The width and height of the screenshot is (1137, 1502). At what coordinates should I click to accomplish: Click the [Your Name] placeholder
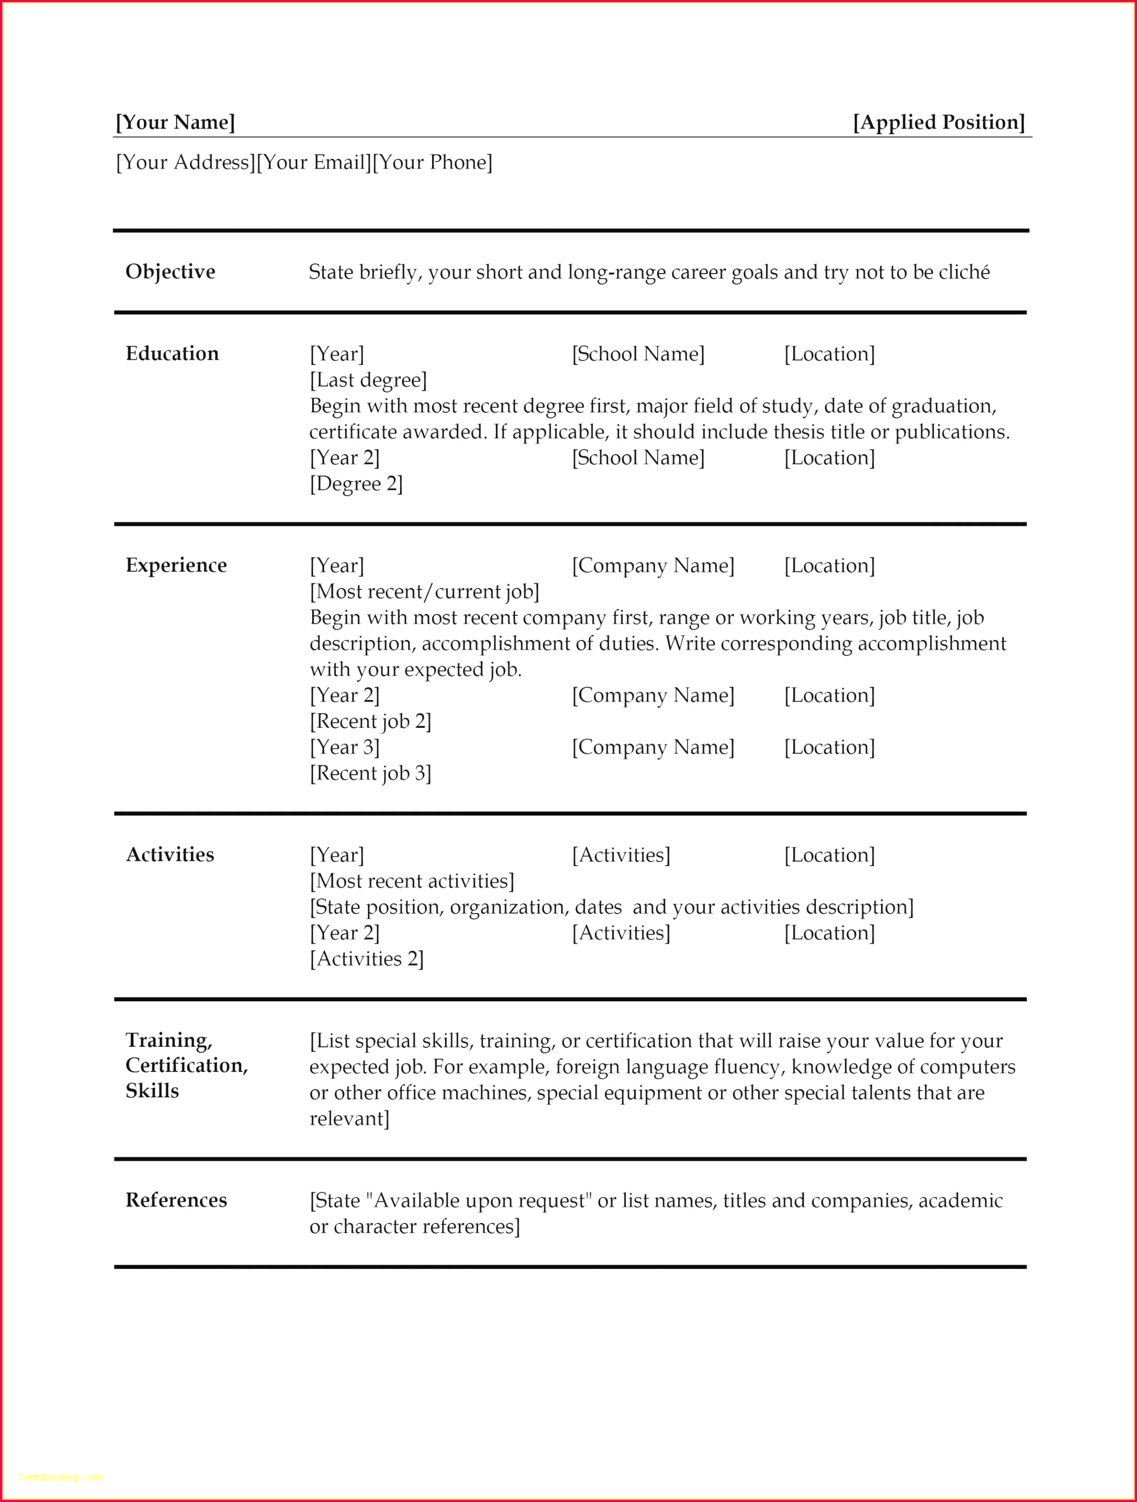[175, 122]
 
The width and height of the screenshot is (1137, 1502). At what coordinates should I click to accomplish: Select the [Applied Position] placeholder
[939, 122]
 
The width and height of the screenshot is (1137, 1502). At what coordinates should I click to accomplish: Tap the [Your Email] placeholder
[314, 162]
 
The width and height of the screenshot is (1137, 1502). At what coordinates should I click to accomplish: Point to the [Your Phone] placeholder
[433, 162]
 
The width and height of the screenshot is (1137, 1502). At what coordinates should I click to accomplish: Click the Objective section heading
[170, 271]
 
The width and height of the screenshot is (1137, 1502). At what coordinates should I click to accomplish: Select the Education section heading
[172, 354]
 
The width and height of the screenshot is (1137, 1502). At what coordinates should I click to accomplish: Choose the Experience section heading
[177, 565]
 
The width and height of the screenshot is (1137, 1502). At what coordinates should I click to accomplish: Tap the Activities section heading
[170, 854]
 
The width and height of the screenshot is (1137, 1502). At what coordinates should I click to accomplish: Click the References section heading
[177, 1200]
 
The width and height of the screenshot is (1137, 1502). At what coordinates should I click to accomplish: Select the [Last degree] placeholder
[369, 380]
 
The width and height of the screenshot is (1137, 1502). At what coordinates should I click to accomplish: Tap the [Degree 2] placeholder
[356, 484]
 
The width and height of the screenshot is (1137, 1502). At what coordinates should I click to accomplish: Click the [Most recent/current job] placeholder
[425, 592]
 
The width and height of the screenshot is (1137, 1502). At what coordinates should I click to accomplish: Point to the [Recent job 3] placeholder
[371, 773]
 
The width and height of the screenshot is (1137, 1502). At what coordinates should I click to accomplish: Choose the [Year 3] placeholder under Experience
[345, 747]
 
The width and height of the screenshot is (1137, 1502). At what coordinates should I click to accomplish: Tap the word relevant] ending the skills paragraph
[349, 1118]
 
